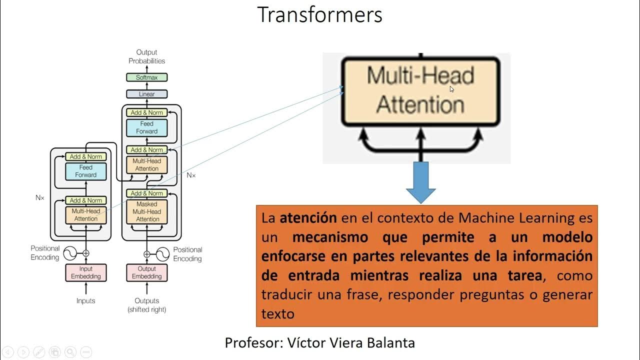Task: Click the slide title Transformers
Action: (x=319, y=15)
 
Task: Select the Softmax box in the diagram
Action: (x=146, y=77)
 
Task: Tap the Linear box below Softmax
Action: (x=146, y=94)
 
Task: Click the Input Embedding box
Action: (x=86, y=272)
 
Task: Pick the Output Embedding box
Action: (x=146, y=272)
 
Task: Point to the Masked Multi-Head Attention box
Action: (x=147, y=211)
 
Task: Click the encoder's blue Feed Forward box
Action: (x=86, y=171)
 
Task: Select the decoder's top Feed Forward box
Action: (x=146, y=127)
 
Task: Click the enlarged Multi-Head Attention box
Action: (x=420, y=91)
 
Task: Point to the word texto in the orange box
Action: (x=278, y=314)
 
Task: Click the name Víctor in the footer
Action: (x=306, y=343)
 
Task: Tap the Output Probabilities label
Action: (x=146, y=56)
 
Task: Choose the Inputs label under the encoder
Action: (x=86, y=300)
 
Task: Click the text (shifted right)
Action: (x=146, y=309)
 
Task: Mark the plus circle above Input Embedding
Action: (x=86, y=253)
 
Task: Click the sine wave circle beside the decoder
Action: (x=163, y=254)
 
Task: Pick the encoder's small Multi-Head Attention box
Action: (x=86, y=215)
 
